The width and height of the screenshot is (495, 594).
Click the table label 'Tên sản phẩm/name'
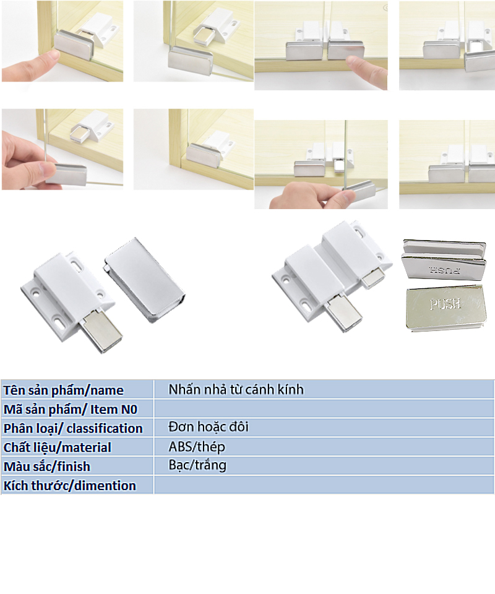63,390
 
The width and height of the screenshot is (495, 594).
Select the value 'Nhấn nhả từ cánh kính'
236,389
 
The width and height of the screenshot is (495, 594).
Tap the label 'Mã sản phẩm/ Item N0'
71,410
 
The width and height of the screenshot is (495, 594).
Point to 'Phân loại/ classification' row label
73,428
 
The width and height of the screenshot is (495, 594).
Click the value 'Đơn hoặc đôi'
209,427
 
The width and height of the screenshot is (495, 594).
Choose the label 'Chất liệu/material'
57,447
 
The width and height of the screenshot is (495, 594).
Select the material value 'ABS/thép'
197,447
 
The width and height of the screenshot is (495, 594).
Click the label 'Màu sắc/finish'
47,467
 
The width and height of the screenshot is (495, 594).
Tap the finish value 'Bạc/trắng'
197,465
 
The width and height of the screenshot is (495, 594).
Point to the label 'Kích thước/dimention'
70,485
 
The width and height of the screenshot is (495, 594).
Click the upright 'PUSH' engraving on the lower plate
445,304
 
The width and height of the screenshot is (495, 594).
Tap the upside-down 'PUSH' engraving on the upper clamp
445,270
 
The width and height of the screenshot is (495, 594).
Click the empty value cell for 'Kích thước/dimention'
324,485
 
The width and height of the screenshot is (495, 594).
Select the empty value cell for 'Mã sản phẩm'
324,409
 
